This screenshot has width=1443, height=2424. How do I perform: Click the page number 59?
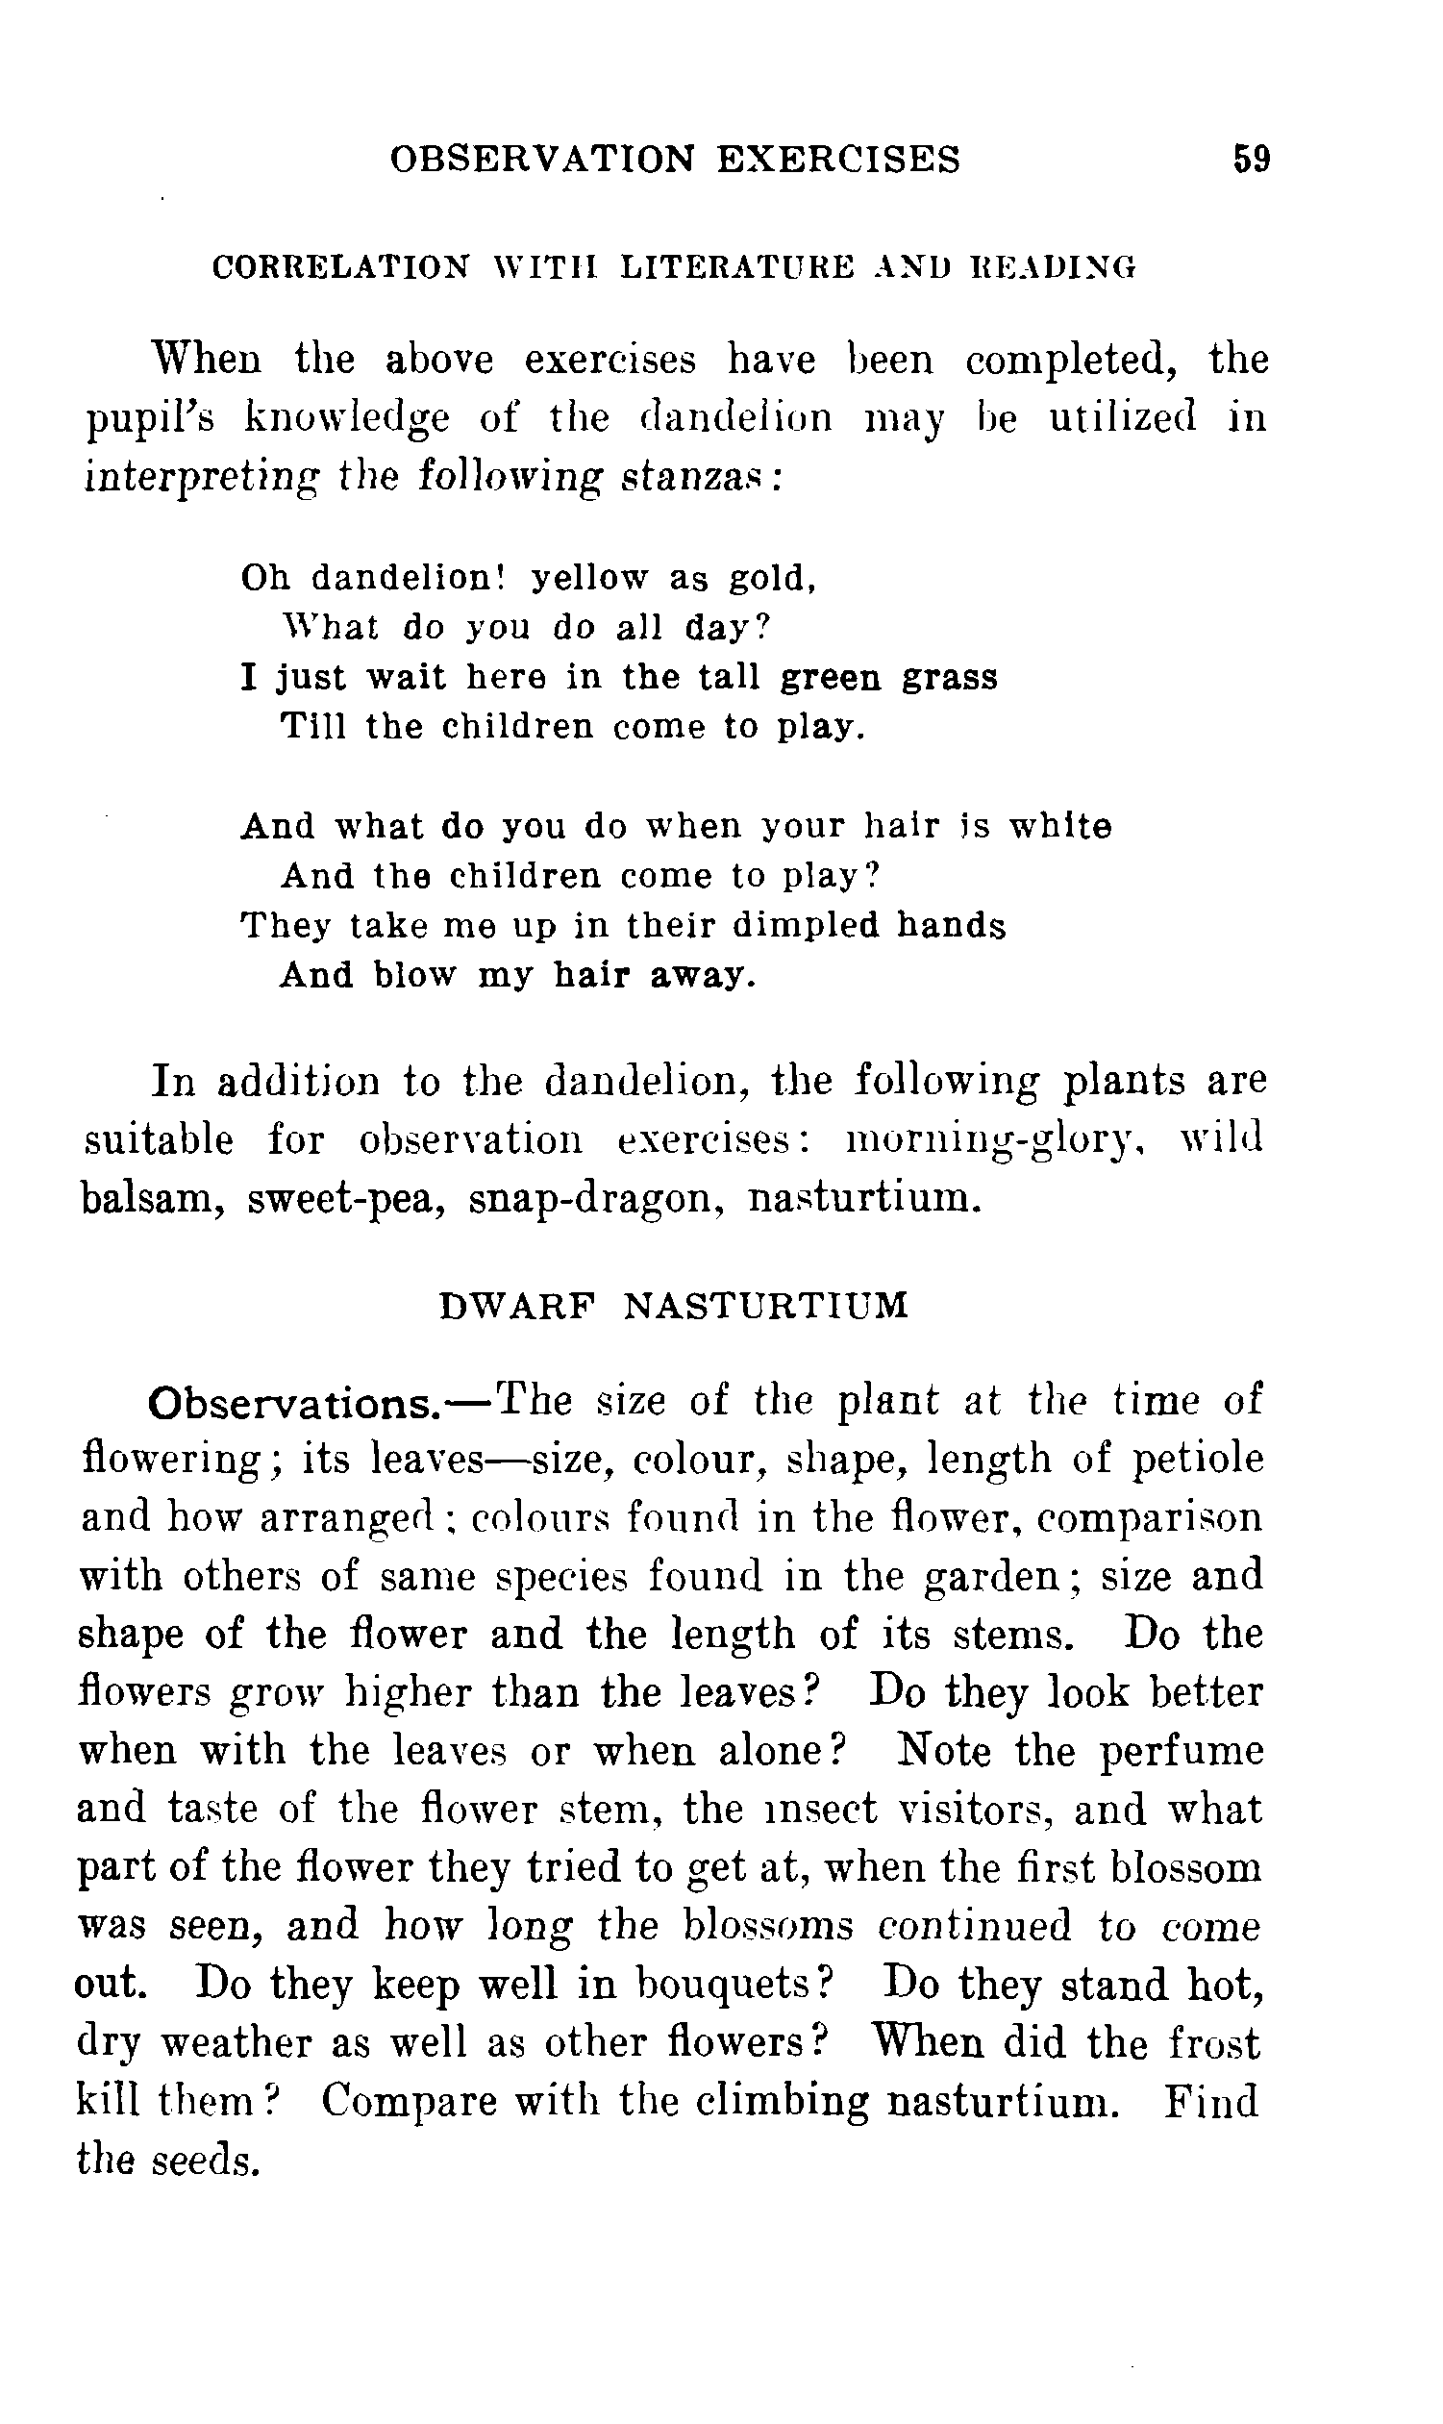pos(1251,159)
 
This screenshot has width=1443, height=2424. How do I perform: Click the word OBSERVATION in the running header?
pos(542,159)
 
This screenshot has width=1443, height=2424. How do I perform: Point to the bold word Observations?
pos(291,1403)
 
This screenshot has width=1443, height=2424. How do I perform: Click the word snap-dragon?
pos(595,1199)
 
